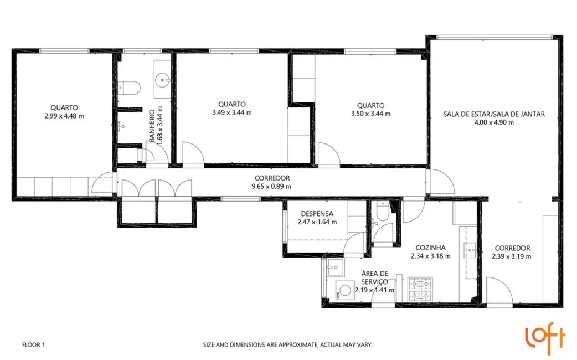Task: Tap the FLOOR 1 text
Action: click(33, 344)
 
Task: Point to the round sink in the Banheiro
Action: click(163, 80)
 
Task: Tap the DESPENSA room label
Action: click(317, 214)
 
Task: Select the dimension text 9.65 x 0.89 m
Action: click(271, 186)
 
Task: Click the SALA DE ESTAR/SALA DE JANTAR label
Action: click(493, 114)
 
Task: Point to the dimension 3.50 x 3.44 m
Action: click(370, 114)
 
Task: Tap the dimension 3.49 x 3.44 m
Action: click(231, 112)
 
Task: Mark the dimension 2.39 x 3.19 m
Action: click(512, 256)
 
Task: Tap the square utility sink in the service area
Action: click(334, 268)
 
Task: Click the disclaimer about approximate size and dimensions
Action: click(287, 344)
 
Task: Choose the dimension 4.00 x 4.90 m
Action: click(493, 122)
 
